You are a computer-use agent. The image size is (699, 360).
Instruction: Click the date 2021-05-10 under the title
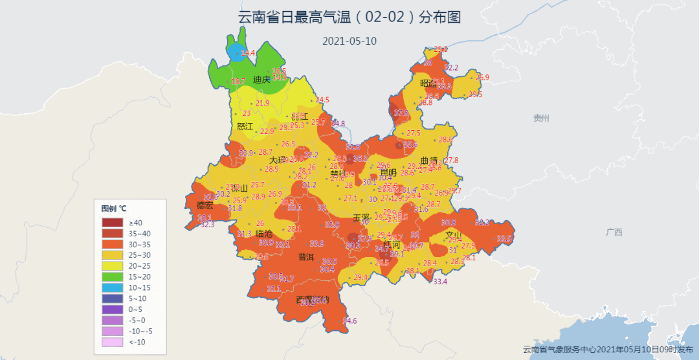349,41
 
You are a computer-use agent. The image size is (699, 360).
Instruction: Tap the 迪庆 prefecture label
261,80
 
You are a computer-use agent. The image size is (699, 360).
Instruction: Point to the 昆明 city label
388,173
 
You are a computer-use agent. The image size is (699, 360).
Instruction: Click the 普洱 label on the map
306,257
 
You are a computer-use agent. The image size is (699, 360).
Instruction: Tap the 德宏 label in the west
205,205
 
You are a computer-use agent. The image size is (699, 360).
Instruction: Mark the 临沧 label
264,233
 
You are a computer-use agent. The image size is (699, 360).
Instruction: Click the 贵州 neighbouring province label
541,118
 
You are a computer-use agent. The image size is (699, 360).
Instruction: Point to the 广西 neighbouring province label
614,232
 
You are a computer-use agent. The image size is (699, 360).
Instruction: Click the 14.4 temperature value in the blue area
248,53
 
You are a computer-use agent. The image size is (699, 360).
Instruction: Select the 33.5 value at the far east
504,239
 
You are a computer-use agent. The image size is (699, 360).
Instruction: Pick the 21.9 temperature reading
262,103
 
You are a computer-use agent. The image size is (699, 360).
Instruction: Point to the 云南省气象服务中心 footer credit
608,349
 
